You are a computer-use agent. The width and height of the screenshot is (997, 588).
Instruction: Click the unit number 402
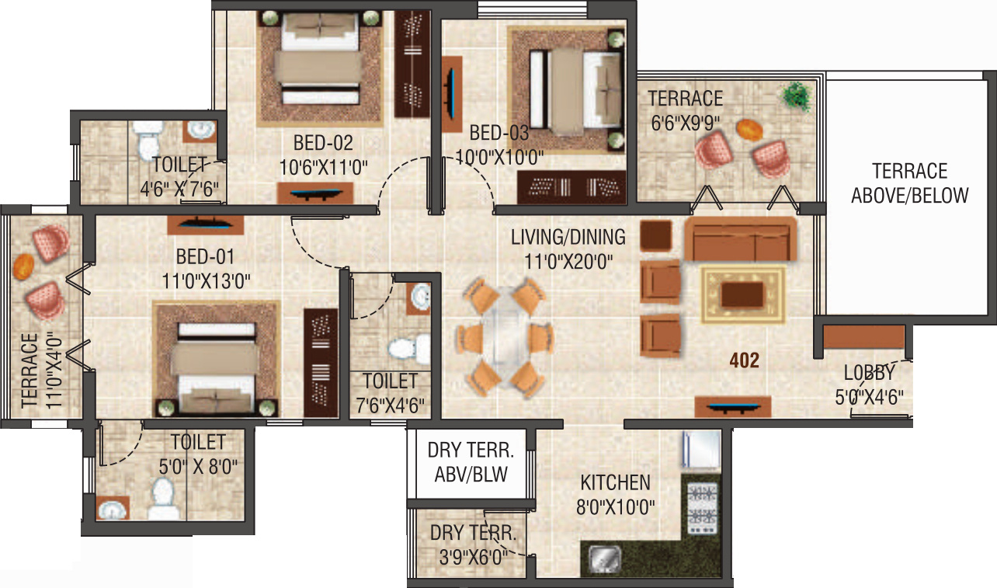(x=743, y=360)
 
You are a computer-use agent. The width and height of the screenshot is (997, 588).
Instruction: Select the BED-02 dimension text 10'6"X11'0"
(x=323, y=165)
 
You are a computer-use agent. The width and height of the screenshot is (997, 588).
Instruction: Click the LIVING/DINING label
(x=568, y=236)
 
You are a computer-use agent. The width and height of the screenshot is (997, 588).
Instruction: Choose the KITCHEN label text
(x=615, y=482)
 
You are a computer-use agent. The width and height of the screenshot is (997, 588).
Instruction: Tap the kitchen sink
(x=603, y=558)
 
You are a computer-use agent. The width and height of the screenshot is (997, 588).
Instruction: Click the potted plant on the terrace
(x=795, y=96)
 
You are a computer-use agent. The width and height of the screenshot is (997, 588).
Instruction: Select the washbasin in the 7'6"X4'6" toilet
(x=420, y=297)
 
